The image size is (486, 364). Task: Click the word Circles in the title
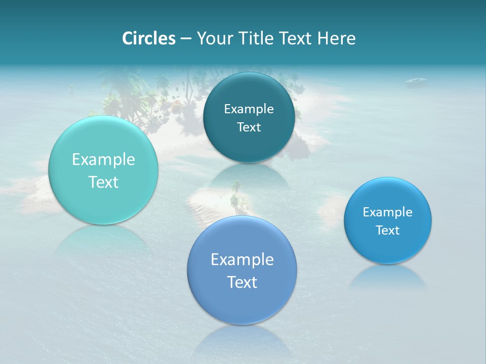[148, 38]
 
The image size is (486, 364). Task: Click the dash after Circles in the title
[185, 39]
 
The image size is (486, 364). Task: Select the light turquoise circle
[103, 170]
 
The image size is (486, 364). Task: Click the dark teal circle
[249, 117]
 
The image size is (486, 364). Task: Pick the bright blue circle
[388, 220]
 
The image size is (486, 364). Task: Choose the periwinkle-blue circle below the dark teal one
[242, 270]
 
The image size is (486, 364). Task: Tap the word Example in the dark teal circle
[249, 109]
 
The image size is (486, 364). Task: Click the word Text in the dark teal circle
[249, 127]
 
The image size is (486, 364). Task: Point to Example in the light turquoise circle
[103, 160]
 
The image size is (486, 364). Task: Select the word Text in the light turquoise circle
[103, 182]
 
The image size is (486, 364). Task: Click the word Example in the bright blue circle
[388, 212]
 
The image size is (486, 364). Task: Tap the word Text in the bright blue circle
[388, 230]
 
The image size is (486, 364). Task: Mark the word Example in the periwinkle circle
[242, 260]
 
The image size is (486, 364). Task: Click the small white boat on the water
[416, 80]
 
